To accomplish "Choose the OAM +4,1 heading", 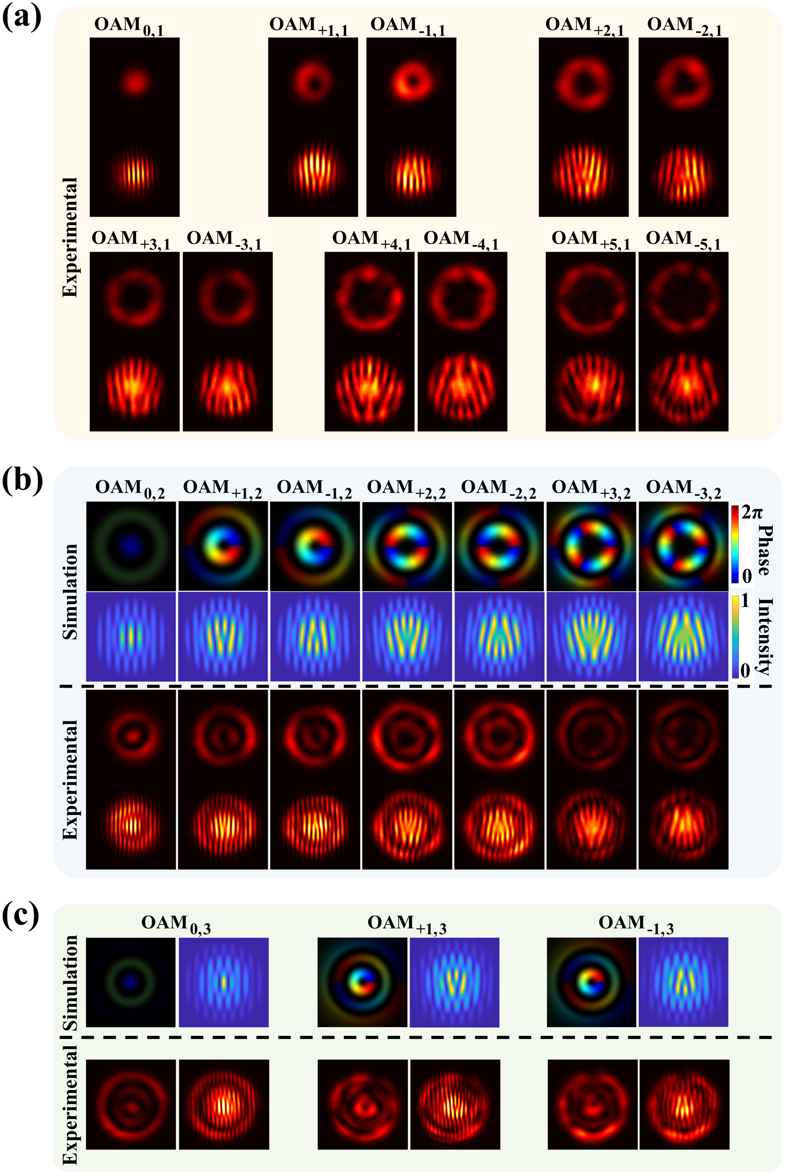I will [372, 240].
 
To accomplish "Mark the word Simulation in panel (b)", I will [70, 591].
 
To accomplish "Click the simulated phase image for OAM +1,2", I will [223, 546].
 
